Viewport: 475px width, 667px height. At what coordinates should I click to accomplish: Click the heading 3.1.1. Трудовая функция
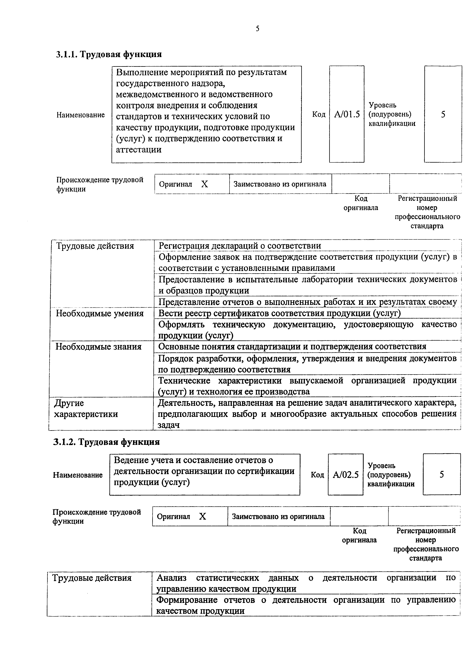click(x=109, y=54)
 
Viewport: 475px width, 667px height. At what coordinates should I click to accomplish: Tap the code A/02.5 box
click(x=345, y=475)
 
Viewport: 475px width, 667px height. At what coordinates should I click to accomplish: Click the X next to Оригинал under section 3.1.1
click(x=204, y=184)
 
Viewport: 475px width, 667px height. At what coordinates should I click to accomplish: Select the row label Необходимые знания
click(x=99, y=347)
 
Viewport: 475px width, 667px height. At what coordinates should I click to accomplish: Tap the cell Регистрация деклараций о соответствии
click(x=240, y=246)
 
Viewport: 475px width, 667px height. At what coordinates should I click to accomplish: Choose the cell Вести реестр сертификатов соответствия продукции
click(x=279, y=313)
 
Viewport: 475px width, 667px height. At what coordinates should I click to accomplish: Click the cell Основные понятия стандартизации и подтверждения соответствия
click(x=292, y=347)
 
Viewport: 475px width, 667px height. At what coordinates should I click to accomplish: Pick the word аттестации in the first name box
click(x=139, y=150)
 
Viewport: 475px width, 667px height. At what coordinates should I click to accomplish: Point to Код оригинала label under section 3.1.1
click(x=361, y=203)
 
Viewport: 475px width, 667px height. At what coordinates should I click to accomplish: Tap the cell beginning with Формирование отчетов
click(x=306, y=605)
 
